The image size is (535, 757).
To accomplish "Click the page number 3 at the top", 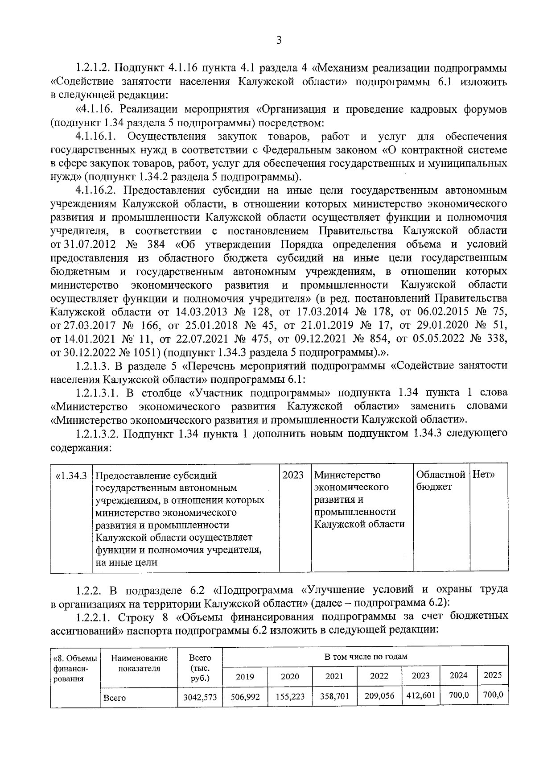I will click(279, 41).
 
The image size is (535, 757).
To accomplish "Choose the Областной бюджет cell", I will click(440, 480).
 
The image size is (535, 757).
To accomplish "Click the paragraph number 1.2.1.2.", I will click(93, 69).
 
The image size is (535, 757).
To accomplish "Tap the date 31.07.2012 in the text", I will click(89, 244).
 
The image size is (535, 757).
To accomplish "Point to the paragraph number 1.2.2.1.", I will click(93, 617).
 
